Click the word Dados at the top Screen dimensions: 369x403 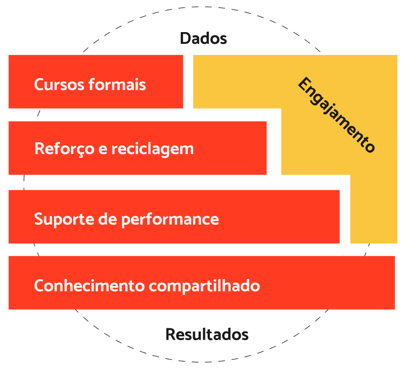(x=203, y=39)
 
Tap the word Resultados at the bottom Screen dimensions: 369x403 (x=207, y=335)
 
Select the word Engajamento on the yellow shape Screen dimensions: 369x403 (x=336, y=115)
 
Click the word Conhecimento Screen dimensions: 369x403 (x=89, y=286)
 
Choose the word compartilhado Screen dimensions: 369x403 (x=204, y=286)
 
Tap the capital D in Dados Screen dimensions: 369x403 (x=185, y=39)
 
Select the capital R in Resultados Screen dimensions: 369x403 (x=170, y=335)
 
